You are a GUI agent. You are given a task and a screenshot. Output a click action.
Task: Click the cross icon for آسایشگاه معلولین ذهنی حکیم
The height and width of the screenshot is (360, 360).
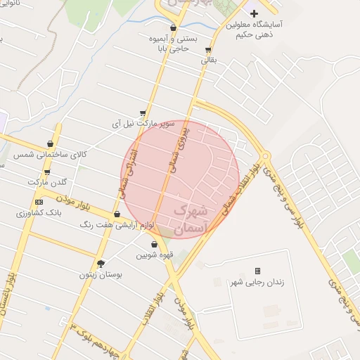coord(254,13)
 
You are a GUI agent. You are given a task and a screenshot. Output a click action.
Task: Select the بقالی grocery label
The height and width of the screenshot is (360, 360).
coord(210,60)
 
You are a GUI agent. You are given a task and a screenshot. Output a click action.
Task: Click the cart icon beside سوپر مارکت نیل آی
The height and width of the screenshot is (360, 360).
coord(143,112)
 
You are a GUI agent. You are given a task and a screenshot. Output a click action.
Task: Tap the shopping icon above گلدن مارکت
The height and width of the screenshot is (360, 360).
coord(47,172)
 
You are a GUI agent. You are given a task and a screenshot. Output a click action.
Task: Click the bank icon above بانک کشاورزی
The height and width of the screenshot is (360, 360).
coord(39,202)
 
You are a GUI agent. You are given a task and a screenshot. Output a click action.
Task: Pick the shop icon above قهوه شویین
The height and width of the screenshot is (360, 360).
coord(153,244)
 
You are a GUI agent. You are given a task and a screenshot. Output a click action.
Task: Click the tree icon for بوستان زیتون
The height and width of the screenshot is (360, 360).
coord(101,264)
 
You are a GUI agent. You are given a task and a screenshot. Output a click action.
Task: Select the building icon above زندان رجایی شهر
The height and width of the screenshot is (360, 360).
coord(257,271)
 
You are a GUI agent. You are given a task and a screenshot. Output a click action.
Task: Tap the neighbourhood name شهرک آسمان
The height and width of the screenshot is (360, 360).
coord(191,217)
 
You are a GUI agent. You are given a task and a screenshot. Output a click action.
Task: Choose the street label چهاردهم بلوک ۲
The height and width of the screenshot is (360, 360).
coord(98,339)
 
